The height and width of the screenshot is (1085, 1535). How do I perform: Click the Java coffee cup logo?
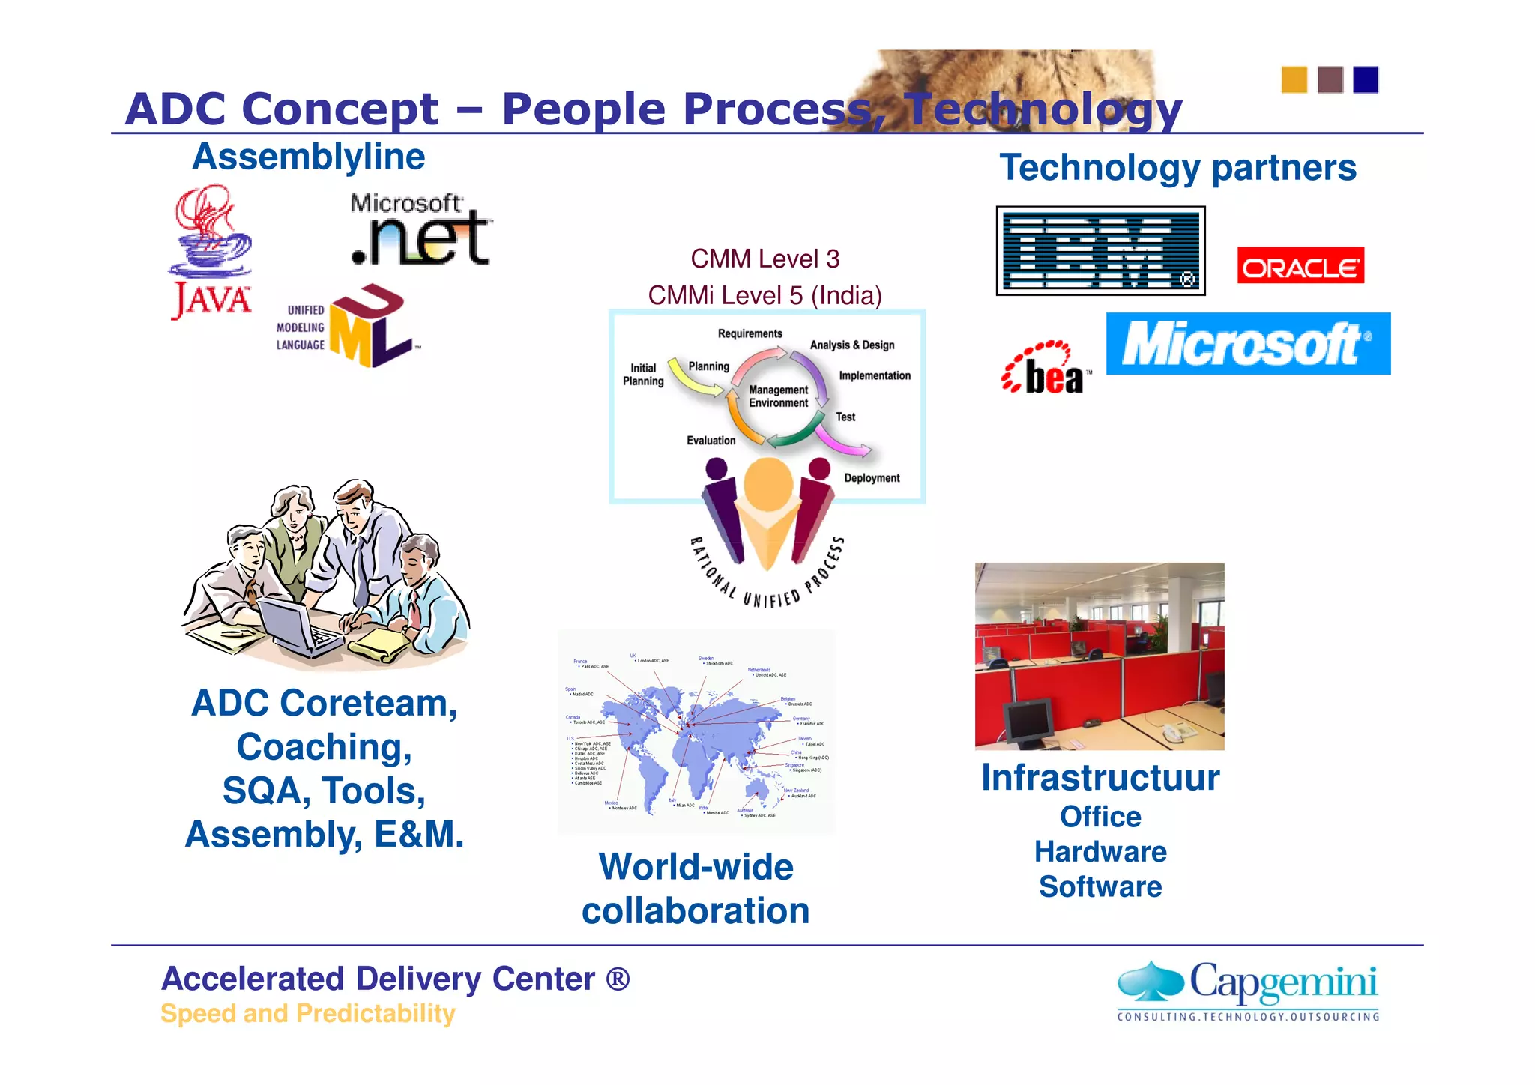pyautogui.click(x=211, y=251)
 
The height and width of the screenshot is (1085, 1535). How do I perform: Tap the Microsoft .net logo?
pyautogui.click(x=420, y=229)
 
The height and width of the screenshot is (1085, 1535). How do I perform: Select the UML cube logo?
pyautogui.click(x=370, y=327)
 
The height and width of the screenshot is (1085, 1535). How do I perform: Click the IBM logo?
pyautogui.click(x=1100, y=251)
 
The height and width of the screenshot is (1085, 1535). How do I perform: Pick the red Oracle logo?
pyautogui.click(x=1300, y=265)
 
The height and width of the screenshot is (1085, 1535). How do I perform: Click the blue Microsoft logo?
pyautogui.click(x=1248, y=344)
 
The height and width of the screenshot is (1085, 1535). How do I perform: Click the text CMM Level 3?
pyautogui.click(x=765, y=259)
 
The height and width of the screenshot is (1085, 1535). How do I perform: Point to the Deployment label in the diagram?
pyautogui.click(x=872, y=478)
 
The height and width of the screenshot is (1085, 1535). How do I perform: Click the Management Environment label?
pyautogui.click(x=778, y=396)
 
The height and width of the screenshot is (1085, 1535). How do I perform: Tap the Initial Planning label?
pyautogui.click(x=643, y=375)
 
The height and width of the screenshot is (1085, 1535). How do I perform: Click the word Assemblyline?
pyautogui.click(x=309, y=157)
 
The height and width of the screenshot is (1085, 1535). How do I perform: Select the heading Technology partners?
pyautogui.click(x=1177, y=168)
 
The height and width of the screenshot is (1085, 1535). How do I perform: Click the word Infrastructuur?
pyautogui.click(x=1100, y=778)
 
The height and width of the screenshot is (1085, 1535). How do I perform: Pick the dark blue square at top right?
pyautogui.click(x=1366, y=79)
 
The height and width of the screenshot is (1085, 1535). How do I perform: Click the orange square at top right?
pyautogui.click(x=1294, y=79)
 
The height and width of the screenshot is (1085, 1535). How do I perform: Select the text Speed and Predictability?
pyautogui.click(x=308, y=1014)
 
